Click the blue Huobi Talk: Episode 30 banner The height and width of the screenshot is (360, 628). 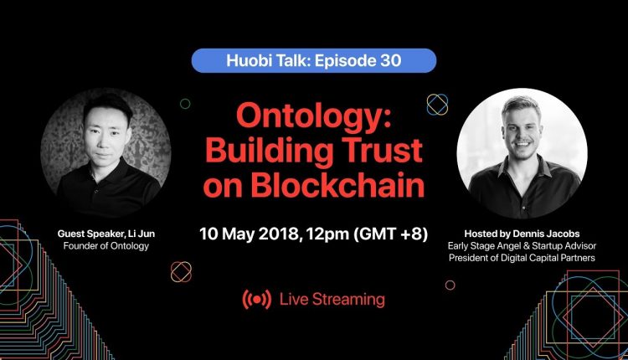pos(314,60)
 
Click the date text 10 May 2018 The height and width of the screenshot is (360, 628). pos(250,234)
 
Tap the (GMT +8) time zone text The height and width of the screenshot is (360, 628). pos(390,234)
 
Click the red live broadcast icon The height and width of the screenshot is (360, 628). pos(257,300)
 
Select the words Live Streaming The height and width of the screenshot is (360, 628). pos(332,299)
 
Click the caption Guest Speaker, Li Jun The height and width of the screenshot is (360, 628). pos(106,234)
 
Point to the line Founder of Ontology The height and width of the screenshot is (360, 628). pos(106,245)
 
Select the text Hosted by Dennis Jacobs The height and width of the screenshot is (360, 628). pos(522,234)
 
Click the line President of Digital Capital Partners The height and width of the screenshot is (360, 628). pos(522,258)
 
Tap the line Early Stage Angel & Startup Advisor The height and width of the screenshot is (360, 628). pos(522,245)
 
